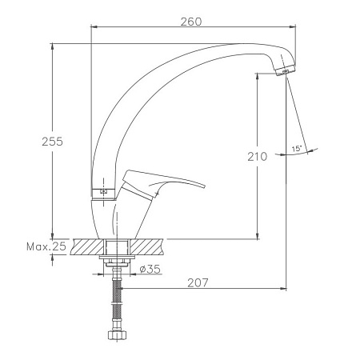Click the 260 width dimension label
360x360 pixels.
(191, 22)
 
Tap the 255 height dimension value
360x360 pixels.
(52, 142)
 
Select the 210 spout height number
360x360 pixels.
(257, 157)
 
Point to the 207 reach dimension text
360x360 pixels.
(198, 283)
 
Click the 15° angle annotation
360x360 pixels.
(297, 149)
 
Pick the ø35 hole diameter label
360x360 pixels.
(150, 270)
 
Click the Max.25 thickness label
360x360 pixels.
(46, 246)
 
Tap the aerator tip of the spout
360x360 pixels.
(286, 70)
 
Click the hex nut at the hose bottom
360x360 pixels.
(118, 335)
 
